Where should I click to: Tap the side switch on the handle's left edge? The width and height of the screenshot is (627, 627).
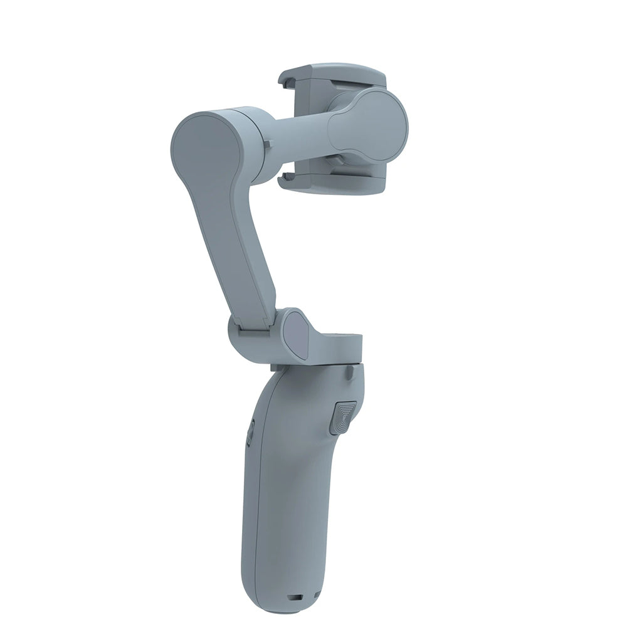coord(250,431)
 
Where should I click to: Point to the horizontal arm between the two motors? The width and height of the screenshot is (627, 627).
coord(301,132)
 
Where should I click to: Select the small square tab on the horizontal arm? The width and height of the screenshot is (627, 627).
coord(269,146)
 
